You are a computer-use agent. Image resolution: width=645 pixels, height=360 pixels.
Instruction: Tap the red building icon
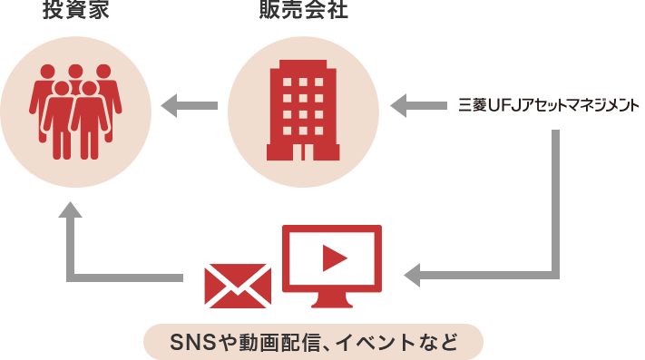303,110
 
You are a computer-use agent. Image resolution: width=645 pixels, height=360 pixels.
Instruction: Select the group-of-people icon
75,111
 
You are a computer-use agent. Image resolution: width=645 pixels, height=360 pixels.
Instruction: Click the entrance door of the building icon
303,147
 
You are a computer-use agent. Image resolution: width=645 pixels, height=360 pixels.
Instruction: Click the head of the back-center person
75,72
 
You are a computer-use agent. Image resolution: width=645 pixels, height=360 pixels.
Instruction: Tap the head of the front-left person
61,88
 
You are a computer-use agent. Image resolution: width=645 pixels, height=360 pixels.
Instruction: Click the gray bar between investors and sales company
189,106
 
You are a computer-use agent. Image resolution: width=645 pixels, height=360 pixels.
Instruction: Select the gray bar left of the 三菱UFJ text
417,106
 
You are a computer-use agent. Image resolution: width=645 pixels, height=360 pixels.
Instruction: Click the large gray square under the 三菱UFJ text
481,209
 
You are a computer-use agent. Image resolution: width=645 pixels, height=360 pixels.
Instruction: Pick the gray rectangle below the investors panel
120,241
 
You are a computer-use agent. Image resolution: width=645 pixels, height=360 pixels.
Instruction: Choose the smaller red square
238,286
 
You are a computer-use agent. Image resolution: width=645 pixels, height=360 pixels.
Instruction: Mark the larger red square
332,266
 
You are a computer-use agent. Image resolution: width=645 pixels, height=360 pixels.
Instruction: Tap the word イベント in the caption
374,343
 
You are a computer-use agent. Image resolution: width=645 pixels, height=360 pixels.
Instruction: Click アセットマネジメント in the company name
581,106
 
